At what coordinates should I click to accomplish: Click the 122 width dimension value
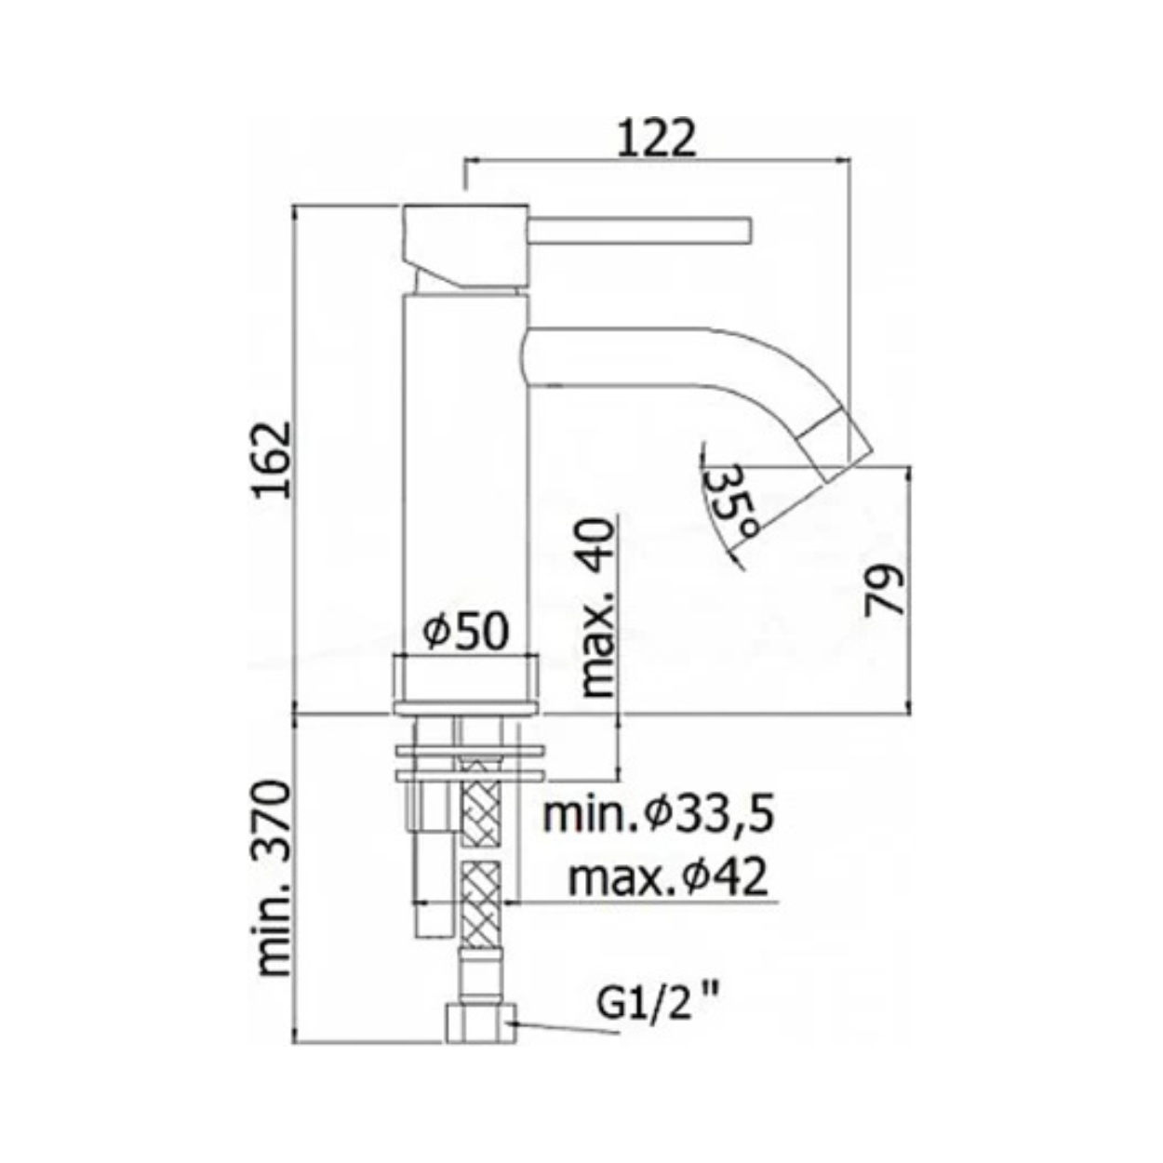click(657, 140)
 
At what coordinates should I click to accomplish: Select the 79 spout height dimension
click(885, 590)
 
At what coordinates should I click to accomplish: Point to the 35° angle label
click(731, 501)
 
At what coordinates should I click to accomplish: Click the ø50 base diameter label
click(465, 632)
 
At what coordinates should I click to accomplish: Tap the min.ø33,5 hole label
click(658, 816)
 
